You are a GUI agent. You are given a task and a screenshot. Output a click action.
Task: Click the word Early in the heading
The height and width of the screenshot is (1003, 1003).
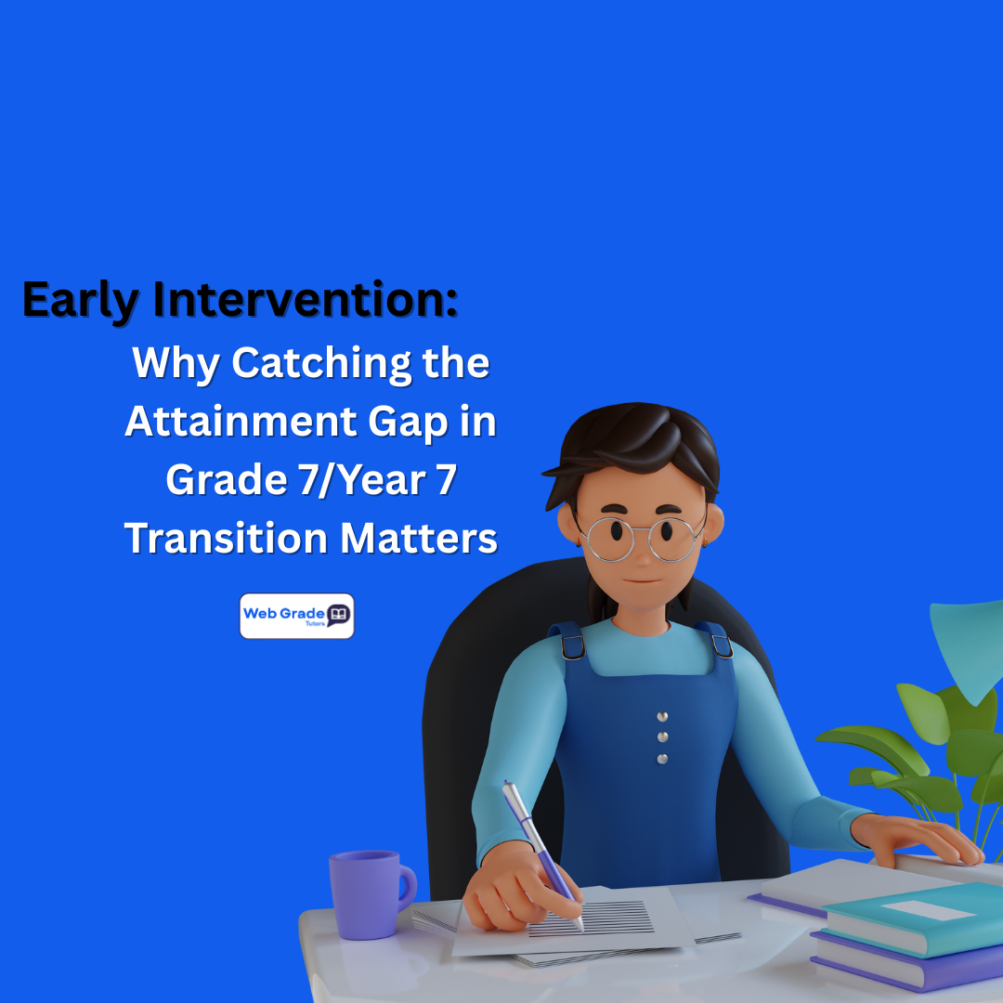tap(80, 300)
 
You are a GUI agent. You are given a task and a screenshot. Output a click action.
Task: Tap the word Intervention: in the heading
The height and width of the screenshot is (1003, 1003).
tap(306, 299)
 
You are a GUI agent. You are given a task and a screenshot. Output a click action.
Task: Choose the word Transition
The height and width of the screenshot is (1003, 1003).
tap(222, 538)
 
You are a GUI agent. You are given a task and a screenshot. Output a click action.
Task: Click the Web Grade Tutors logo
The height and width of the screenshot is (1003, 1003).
tap(296, 616)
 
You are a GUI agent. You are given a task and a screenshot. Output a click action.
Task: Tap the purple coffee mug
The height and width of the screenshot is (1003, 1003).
tap(368, 893)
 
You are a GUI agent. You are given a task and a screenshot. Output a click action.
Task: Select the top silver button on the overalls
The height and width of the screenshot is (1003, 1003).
tap(661, 716)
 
